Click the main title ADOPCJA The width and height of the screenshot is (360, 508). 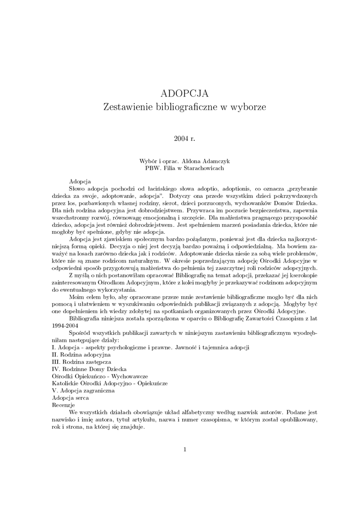(x=184, y=93)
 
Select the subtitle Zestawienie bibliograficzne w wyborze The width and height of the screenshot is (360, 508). (x=184, y=107)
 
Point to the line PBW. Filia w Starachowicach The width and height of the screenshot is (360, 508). (x=184, y=168)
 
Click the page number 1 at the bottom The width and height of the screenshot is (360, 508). (x=184, y=449)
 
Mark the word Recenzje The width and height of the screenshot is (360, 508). (x=63, y=405)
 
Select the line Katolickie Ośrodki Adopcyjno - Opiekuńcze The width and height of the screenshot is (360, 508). (x=110, y=383)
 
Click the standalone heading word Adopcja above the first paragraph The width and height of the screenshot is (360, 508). (x=80, y=182)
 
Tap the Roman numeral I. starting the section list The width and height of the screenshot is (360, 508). (x=54, y=348)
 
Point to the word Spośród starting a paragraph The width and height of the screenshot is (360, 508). (x=80, y=333)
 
